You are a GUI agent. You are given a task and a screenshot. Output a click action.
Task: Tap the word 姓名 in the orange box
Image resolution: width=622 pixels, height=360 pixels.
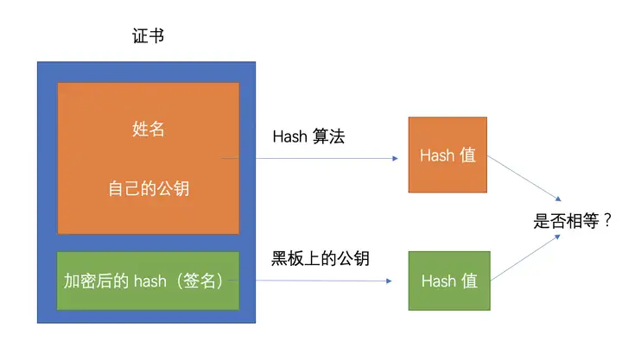[148, 129]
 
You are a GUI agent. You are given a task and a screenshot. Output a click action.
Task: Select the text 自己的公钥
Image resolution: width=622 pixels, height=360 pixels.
[148, 189]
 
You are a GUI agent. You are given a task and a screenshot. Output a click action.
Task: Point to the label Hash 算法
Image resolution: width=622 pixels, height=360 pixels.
[308, 136]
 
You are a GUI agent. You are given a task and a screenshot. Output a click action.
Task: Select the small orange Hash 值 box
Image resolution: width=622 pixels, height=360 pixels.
[447, 155]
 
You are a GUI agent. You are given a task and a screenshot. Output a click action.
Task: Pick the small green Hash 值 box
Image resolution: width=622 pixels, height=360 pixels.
[448, 281]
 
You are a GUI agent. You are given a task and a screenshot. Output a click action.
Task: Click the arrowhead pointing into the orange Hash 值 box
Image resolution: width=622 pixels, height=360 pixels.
[395, 159]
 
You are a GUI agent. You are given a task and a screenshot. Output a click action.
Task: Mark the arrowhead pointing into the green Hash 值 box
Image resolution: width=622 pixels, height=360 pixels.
[395, 282]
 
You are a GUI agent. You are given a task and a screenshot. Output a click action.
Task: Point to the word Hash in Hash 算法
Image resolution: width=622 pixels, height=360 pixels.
[289, 136]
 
